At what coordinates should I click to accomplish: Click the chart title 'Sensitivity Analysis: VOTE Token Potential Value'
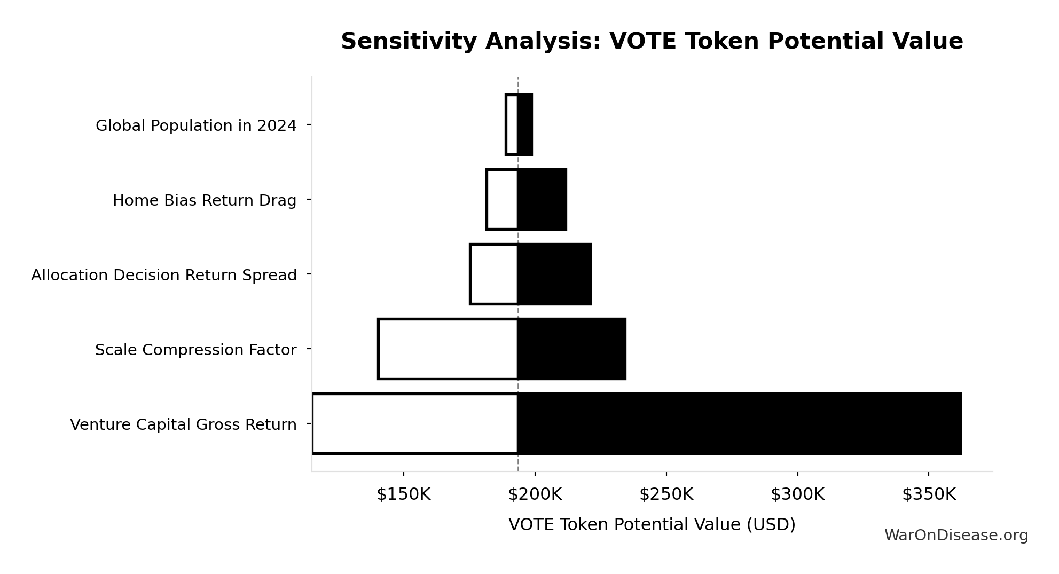652,41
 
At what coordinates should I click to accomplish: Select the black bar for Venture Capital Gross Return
739,423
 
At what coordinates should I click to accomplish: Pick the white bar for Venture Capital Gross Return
415,423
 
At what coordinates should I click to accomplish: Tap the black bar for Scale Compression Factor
571,349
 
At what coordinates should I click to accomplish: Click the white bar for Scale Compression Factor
448,349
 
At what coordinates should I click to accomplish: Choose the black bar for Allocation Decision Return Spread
554,274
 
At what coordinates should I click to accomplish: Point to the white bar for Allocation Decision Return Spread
494,274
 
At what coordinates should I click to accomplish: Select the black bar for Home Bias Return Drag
542,199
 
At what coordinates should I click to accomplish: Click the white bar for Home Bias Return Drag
502,199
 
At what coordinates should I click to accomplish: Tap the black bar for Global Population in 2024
525,124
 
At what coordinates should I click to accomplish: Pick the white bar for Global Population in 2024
512,124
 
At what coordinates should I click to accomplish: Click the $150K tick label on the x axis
403,494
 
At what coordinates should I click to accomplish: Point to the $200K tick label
535,494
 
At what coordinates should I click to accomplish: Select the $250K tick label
666,494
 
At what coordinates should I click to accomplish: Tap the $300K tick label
797,494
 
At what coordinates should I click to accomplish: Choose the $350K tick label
929,494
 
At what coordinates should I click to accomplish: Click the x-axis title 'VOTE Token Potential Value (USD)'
652,524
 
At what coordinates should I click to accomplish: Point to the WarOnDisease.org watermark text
956,535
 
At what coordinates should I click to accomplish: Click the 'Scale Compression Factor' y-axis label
195,350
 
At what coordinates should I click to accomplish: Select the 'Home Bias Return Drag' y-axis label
204,200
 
